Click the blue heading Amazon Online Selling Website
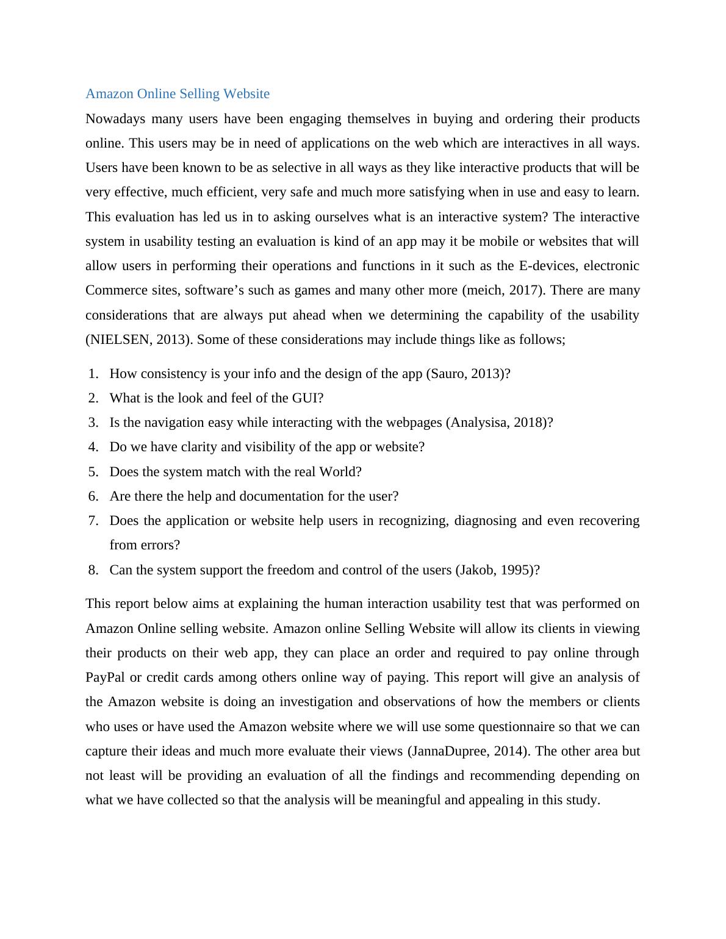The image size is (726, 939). [x=178, y=94]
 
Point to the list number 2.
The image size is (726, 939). [x=93, y=398]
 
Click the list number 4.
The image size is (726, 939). [x=93, y=447]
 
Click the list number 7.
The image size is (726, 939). [x=93, y=521]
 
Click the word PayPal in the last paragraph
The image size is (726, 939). [x=105, y=677]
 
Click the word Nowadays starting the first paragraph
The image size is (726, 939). [x=115, y=119]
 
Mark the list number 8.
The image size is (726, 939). [x=93, y=570]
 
